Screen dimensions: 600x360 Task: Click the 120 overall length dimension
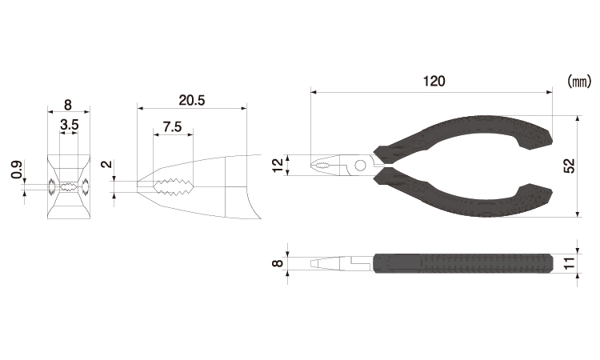(x=434, y=81)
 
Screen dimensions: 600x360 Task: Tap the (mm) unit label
(x=579, y=82)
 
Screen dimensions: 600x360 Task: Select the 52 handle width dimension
(x=570, y=166)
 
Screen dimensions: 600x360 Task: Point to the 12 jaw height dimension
(x=278, y=165)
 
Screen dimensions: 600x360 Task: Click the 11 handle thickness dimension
(x=570, y=263)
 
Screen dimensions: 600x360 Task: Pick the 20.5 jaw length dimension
(x=192, y=100)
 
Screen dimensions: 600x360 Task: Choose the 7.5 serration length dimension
(x=172, y=126)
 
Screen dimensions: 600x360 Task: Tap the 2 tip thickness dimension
(x=107, y=164)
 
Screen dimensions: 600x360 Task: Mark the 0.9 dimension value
(x=17, y=170)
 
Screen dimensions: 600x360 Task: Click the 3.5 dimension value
(x=70, y=125)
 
